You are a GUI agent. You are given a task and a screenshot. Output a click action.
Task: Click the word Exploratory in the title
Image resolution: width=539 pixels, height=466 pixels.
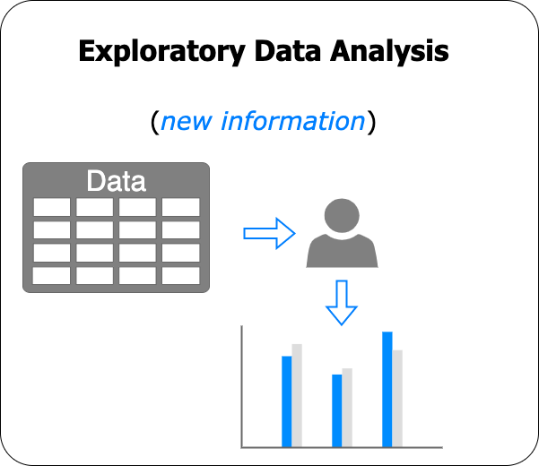pos(161,51)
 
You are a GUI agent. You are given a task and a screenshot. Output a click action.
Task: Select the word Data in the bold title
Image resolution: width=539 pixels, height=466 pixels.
pos(288,51)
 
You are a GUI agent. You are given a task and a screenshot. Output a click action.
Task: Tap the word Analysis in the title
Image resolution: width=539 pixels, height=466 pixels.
pos(389,51)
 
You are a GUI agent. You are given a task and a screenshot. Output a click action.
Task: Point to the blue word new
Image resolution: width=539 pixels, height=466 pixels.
pos(187,122)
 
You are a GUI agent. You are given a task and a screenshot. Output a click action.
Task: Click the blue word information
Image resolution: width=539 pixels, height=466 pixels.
pos(293,121)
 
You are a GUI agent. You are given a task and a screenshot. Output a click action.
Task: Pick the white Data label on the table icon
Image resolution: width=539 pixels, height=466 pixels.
pos(117,181)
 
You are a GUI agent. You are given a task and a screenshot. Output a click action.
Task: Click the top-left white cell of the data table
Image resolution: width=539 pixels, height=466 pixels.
pos(51,207)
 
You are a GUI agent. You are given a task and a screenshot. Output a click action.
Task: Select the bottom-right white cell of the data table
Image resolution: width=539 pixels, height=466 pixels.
pos(181,275)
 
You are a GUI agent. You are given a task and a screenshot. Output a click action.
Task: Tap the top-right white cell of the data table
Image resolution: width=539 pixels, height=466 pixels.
pos(181,207)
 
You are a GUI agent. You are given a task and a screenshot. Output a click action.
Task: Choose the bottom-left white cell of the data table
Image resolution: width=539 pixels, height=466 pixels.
pos(51,275)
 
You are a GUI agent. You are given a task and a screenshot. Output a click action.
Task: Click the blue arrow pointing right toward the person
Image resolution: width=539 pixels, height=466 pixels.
pos(269,234)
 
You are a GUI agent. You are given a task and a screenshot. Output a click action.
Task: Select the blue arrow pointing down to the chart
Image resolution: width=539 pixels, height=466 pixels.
pos(342,303)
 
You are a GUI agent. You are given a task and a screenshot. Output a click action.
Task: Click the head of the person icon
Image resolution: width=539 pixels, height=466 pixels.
pos(342,216)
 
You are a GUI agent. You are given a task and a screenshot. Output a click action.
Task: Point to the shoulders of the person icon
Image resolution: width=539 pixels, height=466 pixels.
pos(342,251)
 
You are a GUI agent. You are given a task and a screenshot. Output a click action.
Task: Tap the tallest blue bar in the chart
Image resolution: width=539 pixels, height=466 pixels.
pos(387,390)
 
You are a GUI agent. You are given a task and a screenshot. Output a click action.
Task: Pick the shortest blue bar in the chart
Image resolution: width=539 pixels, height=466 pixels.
pos(337,410)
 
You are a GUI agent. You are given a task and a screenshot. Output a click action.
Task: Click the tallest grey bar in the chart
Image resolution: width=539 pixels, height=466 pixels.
pos(297,395)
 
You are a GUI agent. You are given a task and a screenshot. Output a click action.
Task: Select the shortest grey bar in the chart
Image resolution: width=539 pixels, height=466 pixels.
pos(347,408)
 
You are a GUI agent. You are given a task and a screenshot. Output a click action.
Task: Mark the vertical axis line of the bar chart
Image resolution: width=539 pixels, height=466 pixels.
pos(242,386)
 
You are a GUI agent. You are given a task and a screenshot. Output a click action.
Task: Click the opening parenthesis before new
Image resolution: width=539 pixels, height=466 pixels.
pos(155,122)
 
